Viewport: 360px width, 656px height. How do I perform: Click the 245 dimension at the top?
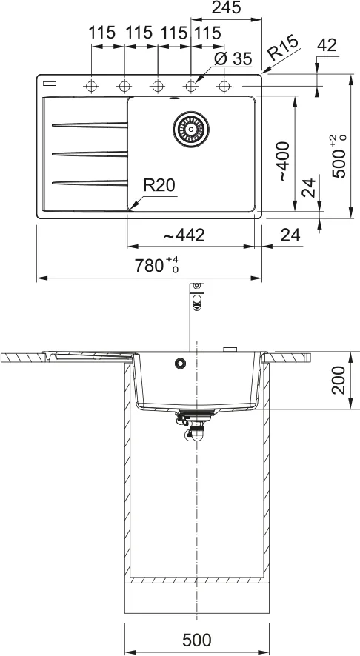226,7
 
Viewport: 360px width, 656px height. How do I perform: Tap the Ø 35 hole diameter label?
233,59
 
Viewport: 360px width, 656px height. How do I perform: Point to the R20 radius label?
159,185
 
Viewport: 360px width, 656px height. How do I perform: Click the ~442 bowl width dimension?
184,235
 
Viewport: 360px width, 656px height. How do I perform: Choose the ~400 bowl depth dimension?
284,161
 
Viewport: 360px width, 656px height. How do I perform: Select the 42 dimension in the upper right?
327,45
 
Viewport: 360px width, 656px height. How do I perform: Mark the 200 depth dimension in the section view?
339,381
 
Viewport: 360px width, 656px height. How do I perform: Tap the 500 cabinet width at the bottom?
197,640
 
